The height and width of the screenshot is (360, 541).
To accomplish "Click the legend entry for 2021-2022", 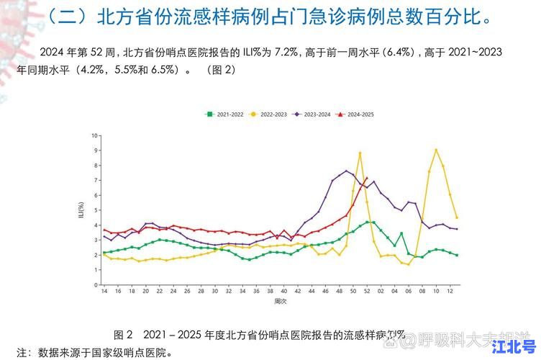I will (x=224, y=114).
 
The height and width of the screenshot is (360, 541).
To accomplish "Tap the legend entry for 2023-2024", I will (x=313, y=114).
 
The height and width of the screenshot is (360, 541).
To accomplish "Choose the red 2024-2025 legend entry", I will (x=357, y=114).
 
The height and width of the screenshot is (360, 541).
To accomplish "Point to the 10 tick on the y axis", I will (x=94, y=135).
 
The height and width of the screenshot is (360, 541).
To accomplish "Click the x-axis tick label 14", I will (x=104, y=292).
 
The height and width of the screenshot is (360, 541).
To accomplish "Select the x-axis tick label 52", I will (x=367, y=292).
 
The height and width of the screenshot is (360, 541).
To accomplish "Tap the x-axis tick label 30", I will (x=214, y=292).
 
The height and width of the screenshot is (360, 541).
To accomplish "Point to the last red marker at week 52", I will (x=367, y=178).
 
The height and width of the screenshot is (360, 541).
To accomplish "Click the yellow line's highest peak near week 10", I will (x=436, y=150).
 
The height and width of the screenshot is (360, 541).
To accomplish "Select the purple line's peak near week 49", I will (x=346, y=171).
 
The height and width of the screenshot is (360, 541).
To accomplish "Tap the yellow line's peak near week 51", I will (x=360, y=153).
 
